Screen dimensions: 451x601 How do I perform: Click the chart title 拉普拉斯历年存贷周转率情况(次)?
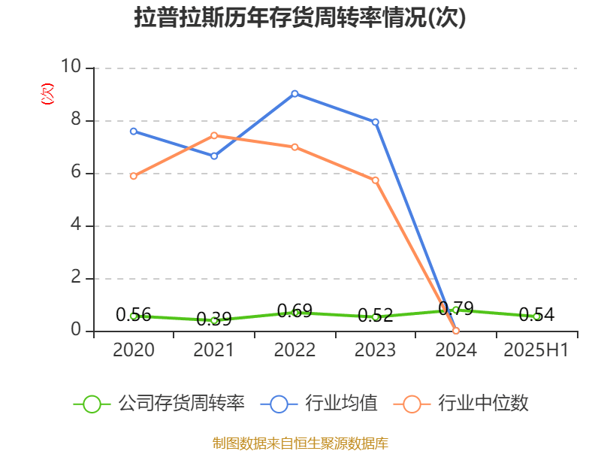pyautogui.click(x=300, y=18)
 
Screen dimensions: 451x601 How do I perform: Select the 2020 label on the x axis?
pyautogui.click(x=134, y=350)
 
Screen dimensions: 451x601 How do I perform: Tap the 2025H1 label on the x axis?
pyautogui.click(x=536, y=350)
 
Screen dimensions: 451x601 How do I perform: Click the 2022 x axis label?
pyautogui.click(x=294, y=350)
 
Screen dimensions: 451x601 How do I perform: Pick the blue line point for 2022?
pyautogui.click(x=294, y=93)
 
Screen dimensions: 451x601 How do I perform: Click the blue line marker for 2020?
pyautogui.click(x=134, y=131)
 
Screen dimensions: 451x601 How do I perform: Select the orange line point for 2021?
pyautogui.click(x=214, y=135)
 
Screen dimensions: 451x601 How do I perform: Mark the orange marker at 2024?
pyautogui.click(x=456, y=331)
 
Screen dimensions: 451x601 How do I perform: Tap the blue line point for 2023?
pyautogui.click(x=376, y=122)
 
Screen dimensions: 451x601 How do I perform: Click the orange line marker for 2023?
pyautogui.click(x=376, y=180)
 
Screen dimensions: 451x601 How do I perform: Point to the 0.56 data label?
pyautogui.click(x=134, y=315)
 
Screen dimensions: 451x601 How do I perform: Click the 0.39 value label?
pyautogui.click(x=214, y=319)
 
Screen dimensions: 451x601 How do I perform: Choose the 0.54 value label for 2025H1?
pyautogui.click(x=536, y=315)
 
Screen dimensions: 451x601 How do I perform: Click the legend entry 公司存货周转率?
pyautogui.click(x=180, y=404)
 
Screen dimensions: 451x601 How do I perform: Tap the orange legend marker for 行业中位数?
pyautogui.click(x=412, y=404)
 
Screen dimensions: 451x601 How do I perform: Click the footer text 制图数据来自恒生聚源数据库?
pyautogui.click(x=300, y=443)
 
